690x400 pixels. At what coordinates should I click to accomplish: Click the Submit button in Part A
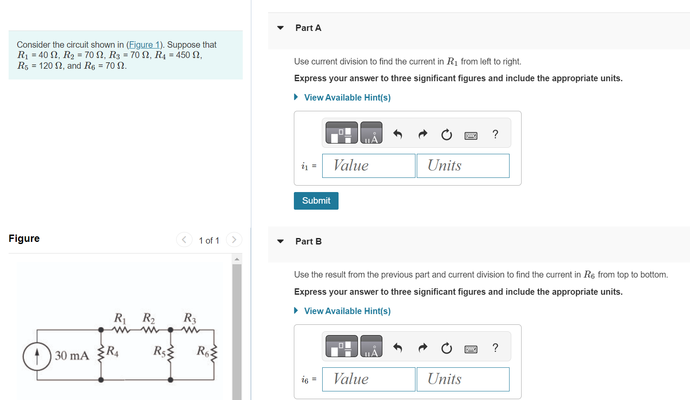pyautogui.click(x=316, y=201)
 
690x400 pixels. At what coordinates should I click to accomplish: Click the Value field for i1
pyautogui.click(x=369, y=166)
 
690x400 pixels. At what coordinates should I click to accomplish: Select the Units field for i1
pyautogui.click(x=463, y=166)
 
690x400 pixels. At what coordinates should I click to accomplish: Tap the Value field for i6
pyautogui.click(x=369, y=379)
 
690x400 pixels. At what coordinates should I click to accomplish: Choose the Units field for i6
pyautogui.click(x=463, y=379)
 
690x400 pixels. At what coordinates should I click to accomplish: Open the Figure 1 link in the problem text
pyautogui.click(x=144, y=45)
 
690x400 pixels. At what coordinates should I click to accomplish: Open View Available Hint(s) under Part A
pyautogui.click(x=347, y=97)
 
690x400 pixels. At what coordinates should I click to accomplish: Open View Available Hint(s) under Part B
pyautogui.click(x=347, y=311)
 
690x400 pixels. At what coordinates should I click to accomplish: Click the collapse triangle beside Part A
pyautogui.click(x=280, y=28)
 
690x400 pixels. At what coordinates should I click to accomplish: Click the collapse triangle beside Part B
pyautogui.click(x=280, y=241)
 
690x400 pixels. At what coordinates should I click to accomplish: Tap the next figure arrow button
pyautogui.click(x=234, y=240)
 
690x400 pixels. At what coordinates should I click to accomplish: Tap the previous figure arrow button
pyautogui.click(x=184, y=240)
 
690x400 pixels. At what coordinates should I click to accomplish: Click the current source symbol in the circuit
pyautogui.click(x=37, y=356)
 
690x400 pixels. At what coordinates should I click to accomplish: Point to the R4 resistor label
pyautogui.click(x=113, y=351)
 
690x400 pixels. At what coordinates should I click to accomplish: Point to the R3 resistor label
pyautogui.click(x=190, y=318)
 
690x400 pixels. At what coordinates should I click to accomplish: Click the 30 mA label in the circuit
pyautogui.click(x=72, y=356)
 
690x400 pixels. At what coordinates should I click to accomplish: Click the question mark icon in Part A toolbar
pyautogui.click(x=495, y=134)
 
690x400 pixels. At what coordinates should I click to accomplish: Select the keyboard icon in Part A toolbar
pyautogui.click(x=471, y=135)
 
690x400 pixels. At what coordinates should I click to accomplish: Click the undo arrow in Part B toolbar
pyautogui.click(x=398, y=348)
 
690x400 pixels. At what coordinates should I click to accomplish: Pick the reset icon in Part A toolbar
pyautogui.click(x=446, y=134)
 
